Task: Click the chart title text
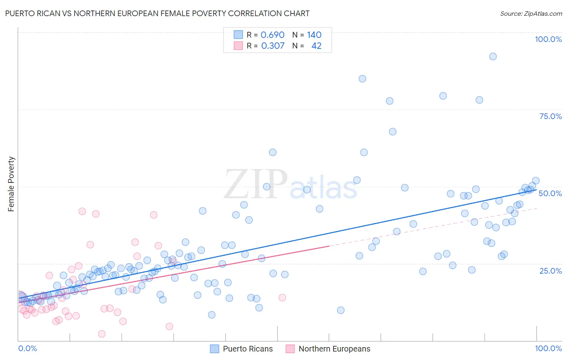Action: point(157,13)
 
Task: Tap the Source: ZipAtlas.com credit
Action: point(531,13)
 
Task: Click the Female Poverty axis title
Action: point(11,184)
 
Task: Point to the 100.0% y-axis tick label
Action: point(548,39)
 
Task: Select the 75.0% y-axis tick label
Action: point(550,116)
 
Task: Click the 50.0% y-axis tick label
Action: point(550,193)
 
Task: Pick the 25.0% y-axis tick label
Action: point(550,270)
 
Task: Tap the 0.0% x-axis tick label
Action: point(27,348)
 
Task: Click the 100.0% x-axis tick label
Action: point(548,348)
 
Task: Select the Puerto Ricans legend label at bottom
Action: point(248,349)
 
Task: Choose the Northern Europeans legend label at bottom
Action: point(334,349)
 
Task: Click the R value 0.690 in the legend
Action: point(273,35)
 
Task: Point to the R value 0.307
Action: point(273,46)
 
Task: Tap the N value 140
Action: point(314,35)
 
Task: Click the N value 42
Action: point(317,46)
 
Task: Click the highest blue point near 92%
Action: point(493,57)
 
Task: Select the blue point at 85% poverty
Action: point(363,79)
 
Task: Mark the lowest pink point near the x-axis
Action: point(102,334)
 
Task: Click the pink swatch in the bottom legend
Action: point(290,349)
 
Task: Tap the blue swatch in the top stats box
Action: point(238,35)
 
